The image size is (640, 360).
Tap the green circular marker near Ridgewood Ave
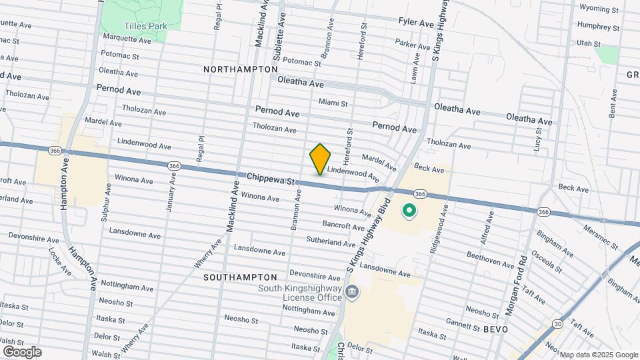[x=408, y=212]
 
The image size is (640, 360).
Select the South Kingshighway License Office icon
[x=352, y=291]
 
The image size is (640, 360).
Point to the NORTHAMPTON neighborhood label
[x=240, y=69]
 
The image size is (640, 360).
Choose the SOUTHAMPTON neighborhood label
[x=240, y=277]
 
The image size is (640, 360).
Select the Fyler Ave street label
[x=416, y=23]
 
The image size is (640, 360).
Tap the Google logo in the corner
[x=21, y=352]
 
